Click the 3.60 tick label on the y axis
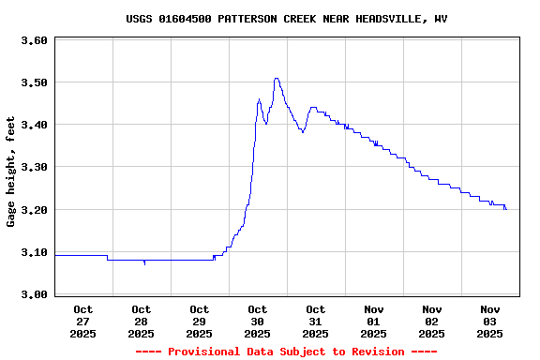[34, 40]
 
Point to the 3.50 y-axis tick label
[34, 82]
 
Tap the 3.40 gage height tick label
[34, 125]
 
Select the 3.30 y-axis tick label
[34, 167]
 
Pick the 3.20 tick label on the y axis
[34, 210]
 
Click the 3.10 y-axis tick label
[34, 252]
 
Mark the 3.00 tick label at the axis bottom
[34, 294]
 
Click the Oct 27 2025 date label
[83, 321]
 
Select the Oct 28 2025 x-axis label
[142, 321]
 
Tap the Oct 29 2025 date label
[200, 321]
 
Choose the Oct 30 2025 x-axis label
[258, 321]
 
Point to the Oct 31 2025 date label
[316, 321]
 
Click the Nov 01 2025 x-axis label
[374, 321]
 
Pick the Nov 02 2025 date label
[432, 321]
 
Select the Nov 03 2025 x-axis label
[490, 321]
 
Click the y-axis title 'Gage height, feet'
[11, 172]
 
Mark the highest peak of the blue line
[276, 79]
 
